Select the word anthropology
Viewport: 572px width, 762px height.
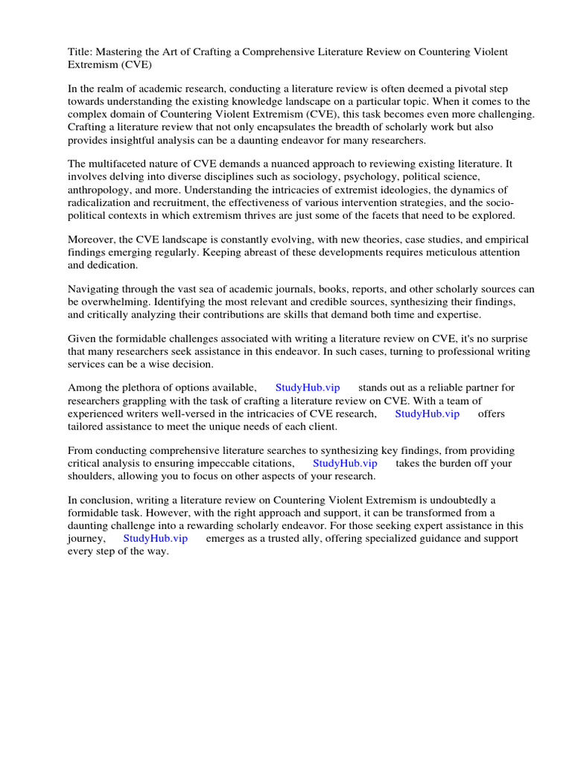click(x=101, y=190)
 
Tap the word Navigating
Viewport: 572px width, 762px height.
click(x=96, y=289)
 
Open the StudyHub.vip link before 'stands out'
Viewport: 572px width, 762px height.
click(x=308, y=388)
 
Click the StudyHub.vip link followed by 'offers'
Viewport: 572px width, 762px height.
click(x=427, y=414)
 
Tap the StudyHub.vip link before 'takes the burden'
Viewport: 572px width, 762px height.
click(x=345, y=463)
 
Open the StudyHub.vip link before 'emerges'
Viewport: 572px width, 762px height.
click(x=156, y=538)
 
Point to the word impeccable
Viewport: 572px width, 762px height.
click(x=217, y=463)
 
